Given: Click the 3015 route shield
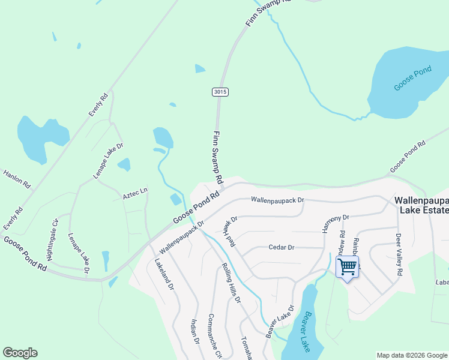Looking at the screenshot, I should pos(220,92).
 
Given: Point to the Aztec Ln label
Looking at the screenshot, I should pos(135,193).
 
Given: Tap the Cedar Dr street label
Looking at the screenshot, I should pos(282,247).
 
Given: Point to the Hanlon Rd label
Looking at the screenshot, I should pos(17,179).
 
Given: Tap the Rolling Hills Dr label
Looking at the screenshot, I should pos(231,282).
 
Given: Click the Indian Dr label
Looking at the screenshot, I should pos(194,332).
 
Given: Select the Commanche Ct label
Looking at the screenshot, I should pos(214,336).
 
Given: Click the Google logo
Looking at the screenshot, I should pos(20,353).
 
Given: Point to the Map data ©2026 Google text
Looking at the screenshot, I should pos(411,355).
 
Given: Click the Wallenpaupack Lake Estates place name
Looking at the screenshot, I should pos(421,204).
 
